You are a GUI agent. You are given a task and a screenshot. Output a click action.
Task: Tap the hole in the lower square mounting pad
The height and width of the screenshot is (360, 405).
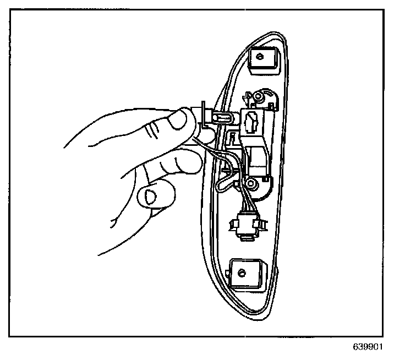click(241, 271)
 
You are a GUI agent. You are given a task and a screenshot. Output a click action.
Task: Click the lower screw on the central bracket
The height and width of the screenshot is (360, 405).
click(250, 182)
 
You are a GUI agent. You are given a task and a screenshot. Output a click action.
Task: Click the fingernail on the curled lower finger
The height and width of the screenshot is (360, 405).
click(149, 195)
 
